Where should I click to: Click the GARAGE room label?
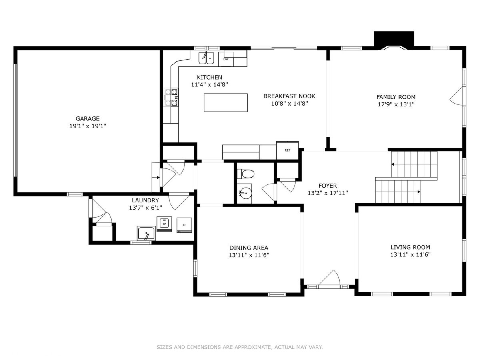click(x=88, y=118)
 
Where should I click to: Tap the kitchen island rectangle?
click(x=226, y=103)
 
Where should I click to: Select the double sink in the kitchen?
click(x=206, y=58)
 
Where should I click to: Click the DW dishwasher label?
click(x=226, y=59)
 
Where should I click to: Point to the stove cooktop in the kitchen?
click(x=172, y=97)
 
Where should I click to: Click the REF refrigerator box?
click(x=287, y=150)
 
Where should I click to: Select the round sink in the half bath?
click(x=245, y=193)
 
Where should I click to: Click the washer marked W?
click(x=164, y=224)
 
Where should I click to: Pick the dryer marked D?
click(x=184, y=225)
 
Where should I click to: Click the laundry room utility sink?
click(x=146, y=234)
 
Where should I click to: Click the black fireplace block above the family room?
click(x=394, y=39)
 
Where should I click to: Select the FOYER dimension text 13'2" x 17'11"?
click(x=328, y=193)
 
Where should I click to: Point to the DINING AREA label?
click(x=249, y=248)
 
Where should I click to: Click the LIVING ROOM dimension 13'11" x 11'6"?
click(x=410, y=255)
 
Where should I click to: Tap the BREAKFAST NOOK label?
click(x=289, y=96)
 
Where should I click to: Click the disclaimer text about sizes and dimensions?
click(x=240, y=347)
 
